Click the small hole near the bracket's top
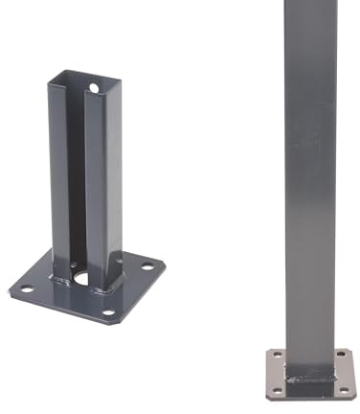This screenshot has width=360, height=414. point(94,88)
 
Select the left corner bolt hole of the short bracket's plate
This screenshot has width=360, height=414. point(26,288)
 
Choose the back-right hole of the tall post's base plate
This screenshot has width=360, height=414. point(341,356)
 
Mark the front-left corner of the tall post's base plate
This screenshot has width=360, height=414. point(267,396)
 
